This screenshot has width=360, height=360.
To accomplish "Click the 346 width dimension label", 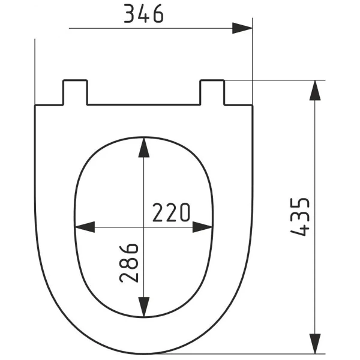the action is pyautogui.click(x=144, y=14).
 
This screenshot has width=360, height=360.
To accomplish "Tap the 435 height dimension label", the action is pyautogui.click(x=300, y=217).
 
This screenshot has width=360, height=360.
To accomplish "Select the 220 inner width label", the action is pyautogui.click(x=171, y=212).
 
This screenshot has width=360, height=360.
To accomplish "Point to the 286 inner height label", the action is pyautogui.click(x=129, y=263).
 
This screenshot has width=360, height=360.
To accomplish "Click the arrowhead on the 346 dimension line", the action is pyautogui.click(x=242, y=28).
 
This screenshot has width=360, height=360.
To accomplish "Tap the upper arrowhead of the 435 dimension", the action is pyautogui.click(x=315, y=90).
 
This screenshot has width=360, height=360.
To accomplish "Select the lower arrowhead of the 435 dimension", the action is pyautogui.click(x=315, y=344).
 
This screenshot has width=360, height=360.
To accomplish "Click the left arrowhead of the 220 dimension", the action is pyautogui.click(x=85, y=227).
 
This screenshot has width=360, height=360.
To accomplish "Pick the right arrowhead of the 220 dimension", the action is pyautogui.click(x=202, y=227).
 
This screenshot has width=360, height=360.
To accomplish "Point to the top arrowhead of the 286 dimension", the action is pyautogui.click(x=144, y=148).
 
